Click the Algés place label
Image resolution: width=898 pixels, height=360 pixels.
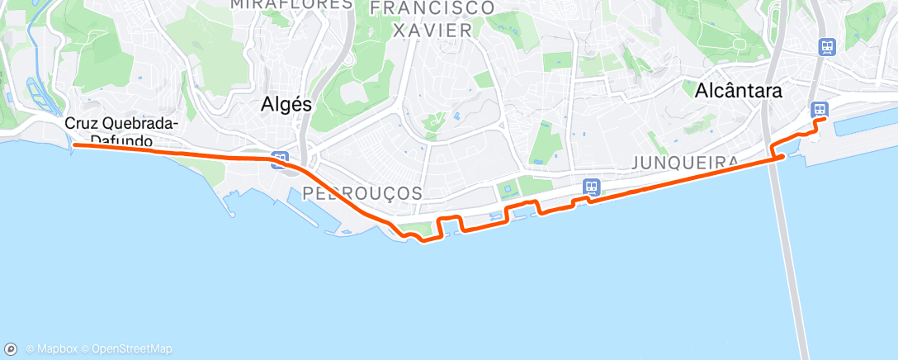(286, 104)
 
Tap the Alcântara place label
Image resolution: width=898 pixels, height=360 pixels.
(739, 90)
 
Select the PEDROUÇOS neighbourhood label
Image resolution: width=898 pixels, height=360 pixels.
(362, 193)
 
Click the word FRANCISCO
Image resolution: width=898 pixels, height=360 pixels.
(432, 8)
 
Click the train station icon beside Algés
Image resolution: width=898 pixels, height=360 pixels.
(281, 160)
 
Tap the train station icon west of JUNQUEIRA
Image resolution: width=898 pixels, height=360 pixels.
(591, 187)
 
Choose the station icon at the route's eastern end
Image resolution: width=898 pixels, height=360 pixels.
(820, 109)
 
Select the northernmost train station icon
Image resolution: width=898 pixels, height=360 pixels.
(826, 47)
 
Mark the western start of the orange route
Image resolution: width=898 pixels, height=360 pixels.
(74, 145)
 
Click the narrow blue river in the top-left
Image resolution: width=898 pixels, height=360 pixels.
(36, 50)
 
